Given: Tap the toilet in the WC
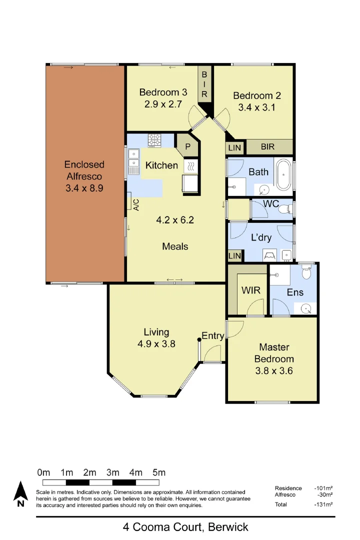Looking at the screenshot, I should [x=284, y=208].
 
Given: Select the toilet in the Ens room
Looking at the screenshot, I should [x=307, y=272].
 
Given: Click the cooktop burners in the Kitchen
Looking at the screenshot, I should [x=154, y=140].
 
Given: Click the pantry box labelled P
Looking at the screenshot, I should [x=187, y=147].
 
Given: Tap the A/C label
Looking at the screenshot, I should [x=135, y=204].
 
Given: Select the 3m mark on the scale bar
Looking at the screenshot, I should [x=112, y=472].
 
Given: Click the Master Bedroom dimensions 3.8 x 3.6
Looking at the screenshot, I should [x=273, y=370].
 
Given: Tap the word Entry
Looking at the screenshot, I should [x=212, y=335].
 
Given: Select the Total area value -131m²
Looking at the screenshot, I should [x=323, y=504].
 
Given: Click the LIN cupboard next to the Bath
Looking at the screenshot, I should [x=234, y=148].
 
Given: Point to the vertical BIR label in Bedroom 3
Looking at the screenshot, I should [x=204, y=83].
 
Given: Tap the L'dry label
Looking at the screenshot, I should [x=261, y=237].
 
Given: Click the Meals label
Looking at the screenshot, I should [x=175, y=246].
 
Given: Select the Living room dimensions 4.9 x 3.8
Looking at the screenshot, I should [x=156, y=343].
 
